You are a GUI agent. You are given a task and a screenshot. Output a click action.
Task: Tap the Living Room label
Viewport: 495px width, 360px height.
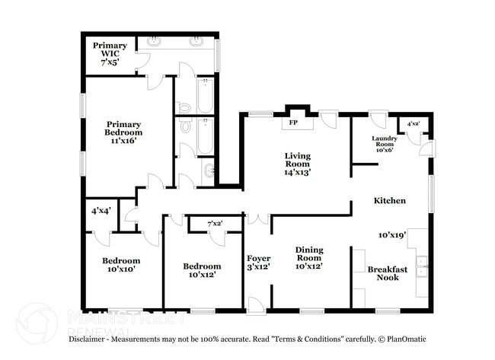tap(298, 164)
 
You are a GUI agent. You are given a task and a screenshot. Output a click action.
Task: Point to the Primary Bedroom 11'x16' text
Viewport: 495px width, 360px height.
tap(123, 132)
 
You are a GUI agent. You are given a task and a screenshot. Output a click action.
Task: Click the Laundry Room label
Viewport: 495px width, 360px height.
tap(384, 144)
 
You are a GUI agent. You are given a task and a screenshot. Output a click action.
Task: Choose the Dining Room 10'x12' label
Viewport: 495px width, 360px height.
tap(309, 257)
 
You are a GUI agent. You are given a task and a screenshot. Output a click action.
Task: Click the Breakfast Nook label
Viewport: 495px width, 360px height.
tap(388, 273)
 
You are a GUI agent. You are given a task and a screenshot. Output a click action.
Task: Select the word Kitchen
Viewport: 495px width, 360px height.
tap(389, 201)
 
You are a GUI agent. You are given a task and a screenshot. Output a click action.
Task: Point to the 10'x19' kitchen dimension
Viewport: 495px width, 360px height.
tap(393, 235)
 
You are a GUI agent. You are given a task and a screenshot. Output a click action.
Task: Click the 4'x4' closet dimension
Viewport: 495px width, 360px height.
tap(101, 210)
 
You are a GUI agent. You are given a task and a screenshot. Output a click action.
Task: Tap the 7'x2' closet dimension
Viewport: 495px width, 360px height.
tap(216, 223)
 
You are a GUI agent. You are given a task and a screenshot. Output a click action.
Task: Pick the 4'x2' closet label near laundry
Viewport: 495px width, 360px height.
tap(414, 123)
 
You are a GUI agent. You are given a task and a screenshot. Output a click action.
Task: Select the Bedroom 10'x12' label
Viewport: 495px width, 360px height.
tap(202, 270)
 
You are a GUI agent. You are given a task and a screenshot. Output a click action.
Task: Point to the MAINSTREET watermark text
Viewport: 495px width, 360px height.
tap(114, 314)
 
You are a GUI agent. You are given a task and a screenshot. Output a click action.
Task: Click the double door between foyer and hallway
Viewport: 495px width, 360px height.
tap(258, 219)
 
